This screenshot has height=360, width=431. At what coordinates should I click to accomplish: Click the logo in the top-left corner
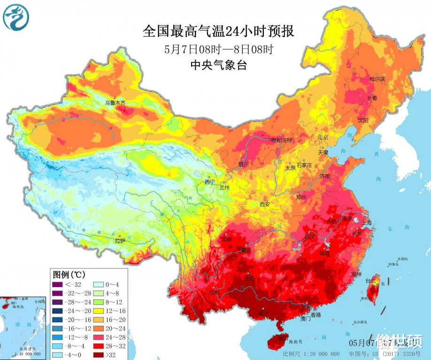[x=16, y=16]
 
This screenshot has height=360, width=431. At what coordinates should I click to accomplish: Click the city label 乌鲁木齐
[x=115, y=102]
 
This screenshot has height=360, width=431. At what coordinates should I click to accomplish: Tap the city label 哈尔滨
[x=377, y=79]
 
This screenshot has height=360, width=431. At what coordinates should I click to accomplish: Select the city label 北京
[x=323, y=137]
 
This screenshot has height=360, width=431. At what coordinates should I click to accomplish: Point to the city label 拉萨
[x=120, y=240]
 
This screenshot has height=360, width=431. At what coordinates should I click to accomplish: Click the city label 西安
[x=265, y=204]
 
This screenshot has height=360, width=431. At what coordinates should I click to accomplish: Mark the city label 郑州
[x=301, y=198]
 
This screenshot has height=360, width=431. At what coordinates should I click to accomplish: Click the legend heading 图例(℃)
[x=69, y=274]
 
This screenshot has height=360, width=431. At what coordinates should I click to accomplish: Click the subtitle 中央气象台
[x=218, y=65]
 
